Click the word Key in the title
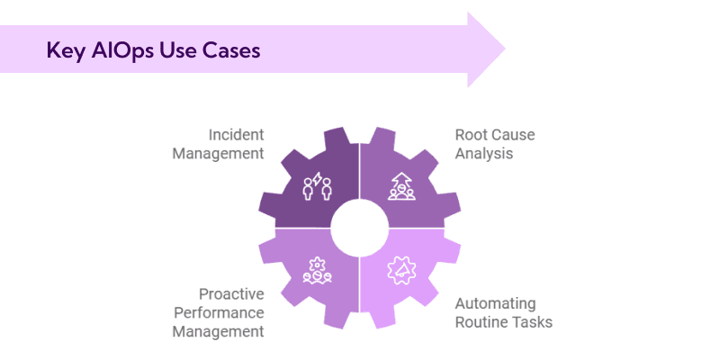64,50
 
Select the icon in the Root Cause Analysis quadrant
401,186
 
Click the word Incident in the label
236,135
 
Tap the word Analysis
483,154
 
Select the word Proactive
230,294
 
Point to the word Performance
221,312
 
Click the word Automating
495,303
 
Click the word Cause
514,135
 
